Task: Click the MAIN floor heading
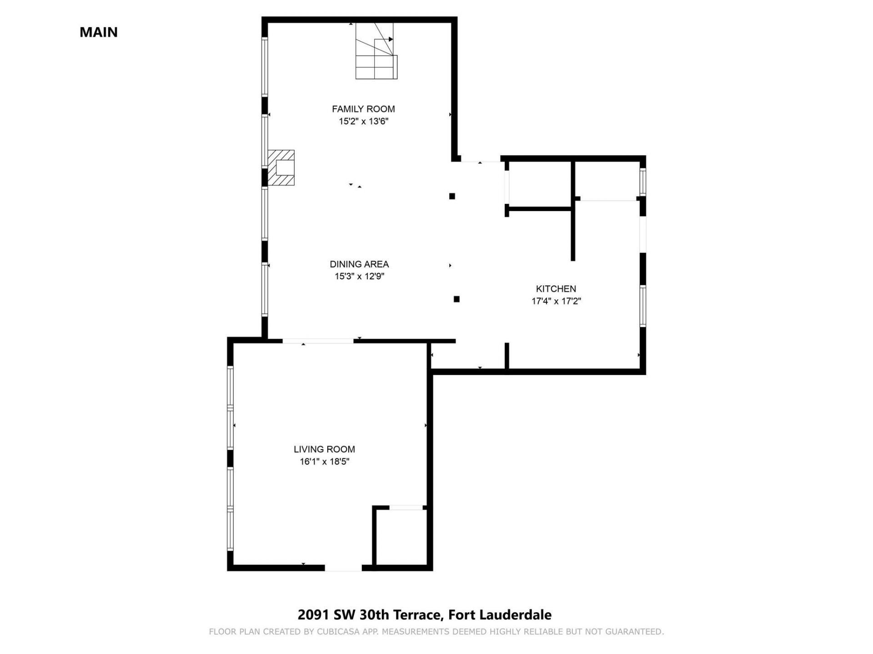tap(99, 32)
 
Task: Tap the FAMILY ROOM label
tap(363, 109)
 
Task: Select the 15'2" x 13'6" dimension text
tap(363, 121)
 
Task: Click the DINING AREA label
tap(359, 264)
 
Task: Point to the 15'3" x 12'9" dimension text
tap(359, 276)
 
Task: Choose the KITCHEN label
tap(556, 289)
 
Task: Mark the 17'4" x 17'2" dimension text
tap(556, 301)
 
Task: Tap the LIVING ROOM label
tap(324, 449)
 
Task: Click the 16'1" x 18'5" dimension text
tap(324, 462)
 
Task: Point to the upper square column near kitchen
tap(452, 196)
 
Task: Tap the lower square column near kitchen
tap(457, 299)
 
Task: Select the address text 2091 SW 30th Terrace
tap(370, 615)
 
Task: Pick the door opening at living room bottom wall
tap(343, 568)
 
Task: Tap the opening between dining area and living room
tap(318, 341)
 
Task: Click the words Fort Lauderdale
tap(500, 615)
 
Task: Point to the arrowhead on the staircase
tap(391, 39)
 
